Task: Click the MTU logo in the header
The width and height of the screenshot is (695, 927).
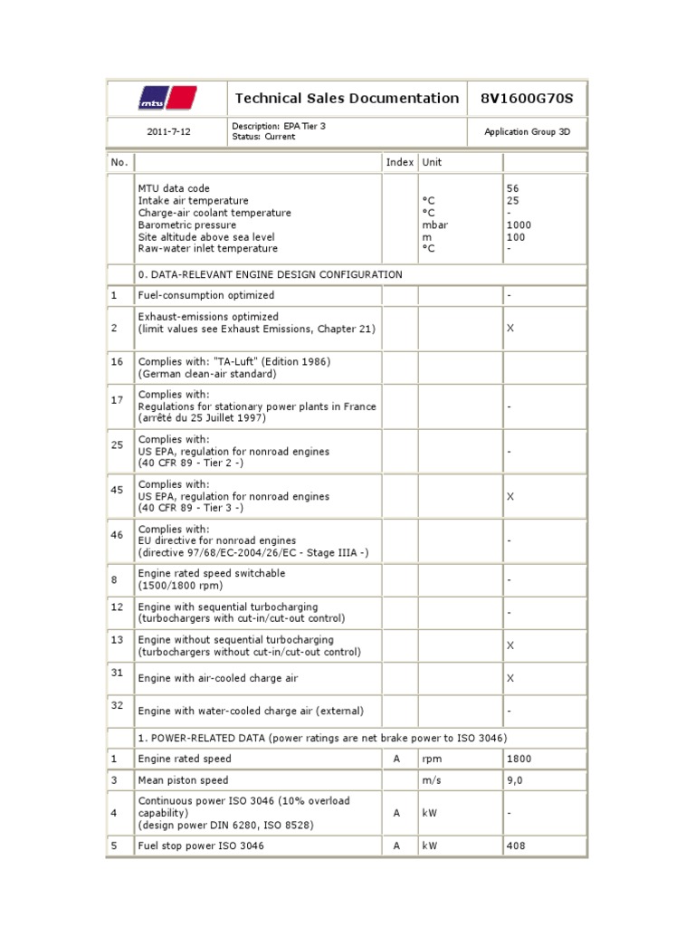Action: (167, 98)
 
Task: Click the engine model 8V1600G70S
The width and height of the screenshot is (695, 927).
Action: (527, 98)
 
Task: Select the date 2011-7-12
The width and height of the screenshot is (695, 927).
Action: (168, 131)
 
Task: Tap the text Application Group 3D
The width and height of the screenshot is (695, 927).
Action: (527, 131)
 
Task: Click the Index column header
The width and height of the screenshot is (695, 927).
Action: (399, 162)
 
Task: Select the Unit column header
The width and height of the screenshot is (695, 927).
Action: (432, 162)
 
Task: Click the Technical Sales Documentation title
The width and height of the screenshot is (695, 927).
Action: (347, 98)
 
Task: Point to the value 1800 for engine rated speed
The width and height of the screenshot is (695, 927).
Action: (519, 759)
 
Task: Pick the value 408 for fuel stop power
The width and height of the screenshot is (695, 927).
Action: (516, 846)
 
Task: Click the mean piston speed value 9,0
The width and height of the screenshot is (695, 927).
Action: (514, 780)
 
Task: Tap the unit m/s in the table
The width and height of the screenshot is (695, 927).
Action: (431, 780)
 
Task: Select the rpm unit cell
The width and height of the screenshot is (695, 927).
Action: (431, 759)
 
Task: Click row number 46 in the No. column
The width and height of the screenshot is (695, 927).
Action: (117, 535)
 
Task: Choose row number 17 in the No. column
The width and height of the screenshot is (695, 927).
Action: (117, 399)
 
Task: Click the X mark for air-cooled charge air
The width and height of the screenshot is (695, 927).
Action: (510, 678)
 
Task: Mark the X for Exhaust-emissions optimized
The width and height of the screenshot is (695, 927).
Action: (510, 328)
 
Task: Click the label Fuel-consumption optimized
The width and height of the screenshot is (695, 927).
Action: (205, 295)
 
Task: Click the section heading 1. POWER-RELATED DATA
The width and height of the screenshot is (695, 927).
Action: (322, 738)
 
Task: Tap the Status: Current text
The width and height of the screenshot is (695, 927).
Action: (263, 137)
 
